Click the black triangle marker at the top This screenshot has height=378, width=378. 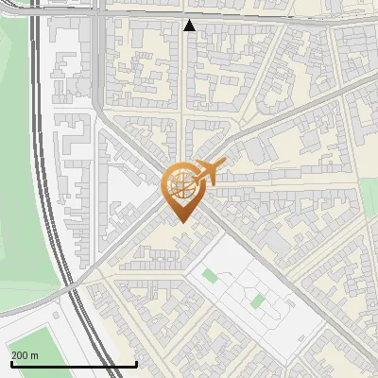pyautogui.click(x=190, y=26)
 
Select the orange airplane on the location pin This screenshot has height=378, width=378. pyautogui.click(x=210, y=171)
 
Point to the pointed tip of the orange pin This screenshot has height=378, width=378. pyautogui.click(x=180, y=221)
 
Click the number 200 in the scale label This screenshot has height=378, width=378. pyautogui.click(x=21, y=355)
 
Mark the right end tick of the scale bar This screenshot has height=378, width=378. pyautogui.click(x=137, y=363)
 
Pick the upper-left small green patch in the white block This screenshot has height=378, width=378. pyautogui.click(x=209, y=276)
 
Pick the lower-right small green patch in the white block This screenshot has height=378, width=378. pyautogui.click(x=257, y=301)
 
